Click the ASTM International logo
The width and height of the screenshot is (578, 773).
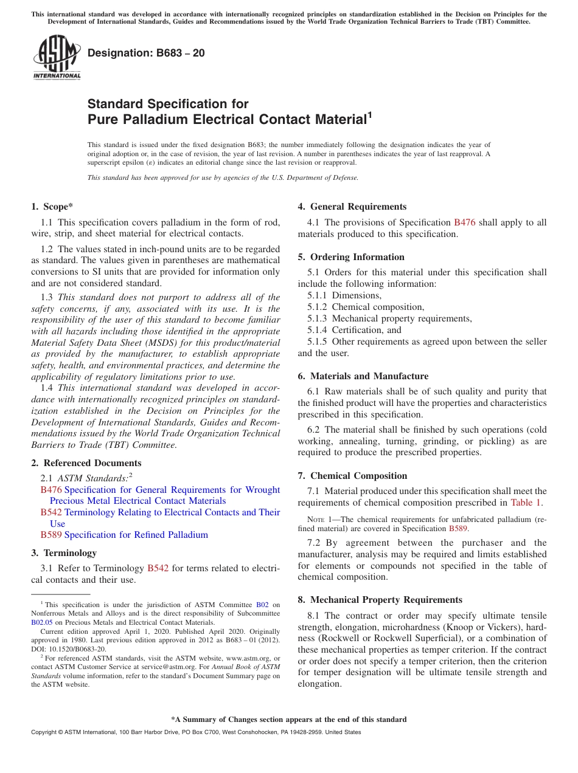pos(56,58)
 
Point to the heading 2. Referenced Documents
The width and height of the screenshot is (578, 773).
pos(86,463)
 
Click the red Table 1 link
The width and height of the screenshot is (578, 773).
pos(525,503)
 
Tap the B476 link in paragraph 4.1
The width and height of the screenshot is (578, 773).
pos(465,222)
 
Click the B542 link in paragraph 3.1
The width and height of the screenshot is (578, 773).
pos(158,569)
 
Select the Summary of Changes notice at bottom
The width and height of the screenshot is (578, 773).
pos(288,720)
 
